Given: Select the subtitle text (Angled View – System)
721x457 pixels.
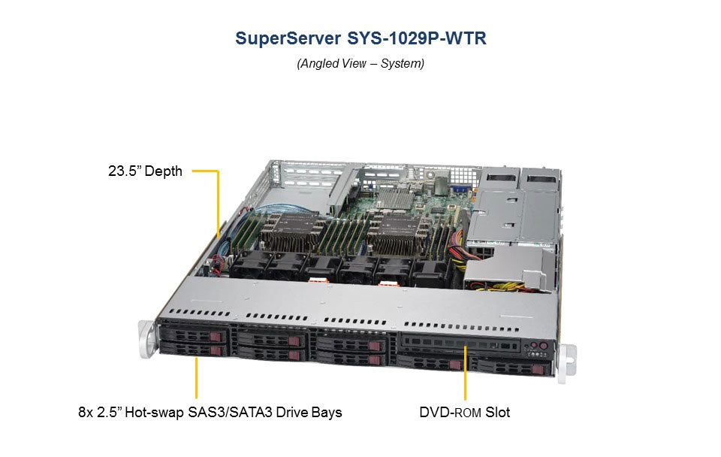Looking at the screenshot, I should coord(360,64).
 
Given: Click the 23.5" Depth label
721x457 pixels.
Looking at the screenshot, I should coord(145,171).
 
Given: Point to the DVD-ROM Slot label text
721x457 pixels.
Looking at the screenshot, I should coord(465,412).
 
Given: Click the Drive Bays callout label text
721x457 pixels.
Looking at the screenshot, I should coord(210,412).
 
